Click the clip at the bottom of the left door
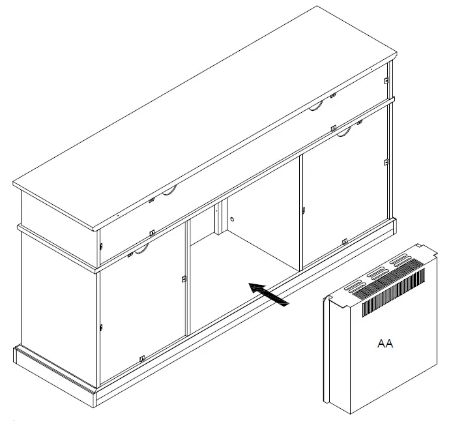[x=142, y=358]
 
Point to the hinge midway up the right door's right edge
[x=386, y=161]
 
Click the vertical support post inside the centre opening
[x=219, y=222]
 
